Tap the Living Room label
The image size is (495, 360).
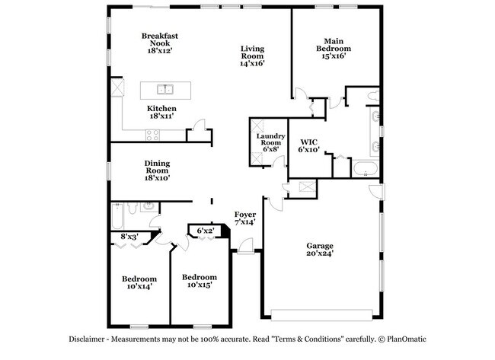pyautogui.click(x=251, y=55)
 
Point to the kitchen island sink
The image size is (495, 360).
pyautogui.click(x=165, y=88)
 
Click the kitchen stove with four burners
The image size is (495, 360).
pyautogui.click(x=152, y=135)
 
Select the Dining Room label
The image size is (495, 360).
pyautogui.click(x=157, y=170)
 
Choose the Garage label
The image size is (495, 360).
pyautogui.click(x=321, y=245)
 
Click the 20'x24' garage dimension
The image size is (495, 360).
pyautogui.click(x=321, y=254)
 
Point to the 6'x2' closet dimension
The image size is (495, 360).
pyautogui.click(x=206, y=231)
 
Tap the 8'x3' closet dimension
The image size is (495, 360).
pyautogui.click(x=129, y=237)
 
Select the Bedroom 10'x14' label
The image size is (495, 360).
pyautogui.click(x=139, y=283)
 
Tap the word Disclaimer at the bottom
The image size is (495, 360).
pyautogui.click(x=90, y=339)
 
